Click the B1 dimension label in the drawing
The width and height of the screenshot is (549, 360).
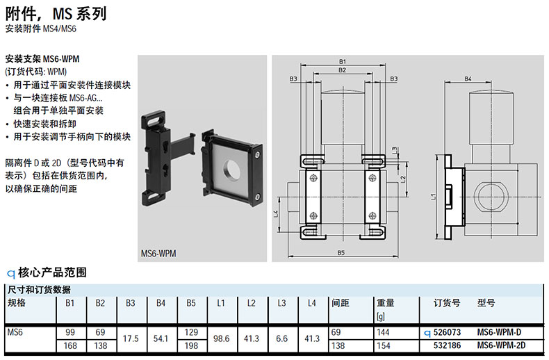point(342,62)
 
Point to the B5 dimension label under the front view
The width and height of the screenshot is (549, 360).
point(341,252)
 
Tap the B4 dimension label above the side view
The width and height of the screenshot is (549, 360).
point(468,79)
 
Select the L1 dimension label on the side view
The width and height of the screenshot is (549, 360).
point(434,197)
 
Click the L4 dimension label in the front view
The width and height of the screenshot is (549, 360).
point(276,213)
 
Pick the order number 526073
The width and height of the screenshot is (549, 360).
point(447,332)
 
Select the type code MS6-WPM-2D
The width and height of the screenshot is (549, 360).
point(501,345)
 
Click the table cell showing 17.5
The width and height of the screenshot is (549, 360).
point(131,338)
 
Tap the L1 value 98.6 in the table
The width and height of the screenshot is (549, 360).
point(221,338)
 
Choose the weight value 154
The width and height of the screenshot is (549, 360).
point(384,345)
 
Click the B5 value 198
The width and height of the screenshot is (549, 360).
point(191,345)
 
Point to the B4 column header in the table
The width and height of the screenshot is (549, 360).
point(161,303)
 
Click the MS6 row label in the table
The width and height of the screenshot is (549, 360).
point(15,332)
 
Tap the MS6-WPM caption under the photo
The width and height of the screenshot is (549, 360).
point(158,253)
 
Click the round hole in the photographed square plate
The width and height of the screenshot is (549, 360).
point(231,169)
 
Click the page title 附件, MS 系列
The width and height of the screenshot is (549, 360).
point(56,14)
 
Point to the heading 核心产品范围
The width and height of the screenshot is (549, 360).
point(52,272)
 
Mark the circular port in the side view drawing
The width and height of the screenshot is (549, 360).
point(490,197)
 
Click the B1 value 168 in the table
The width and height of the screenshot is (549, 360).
point(70,345)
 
